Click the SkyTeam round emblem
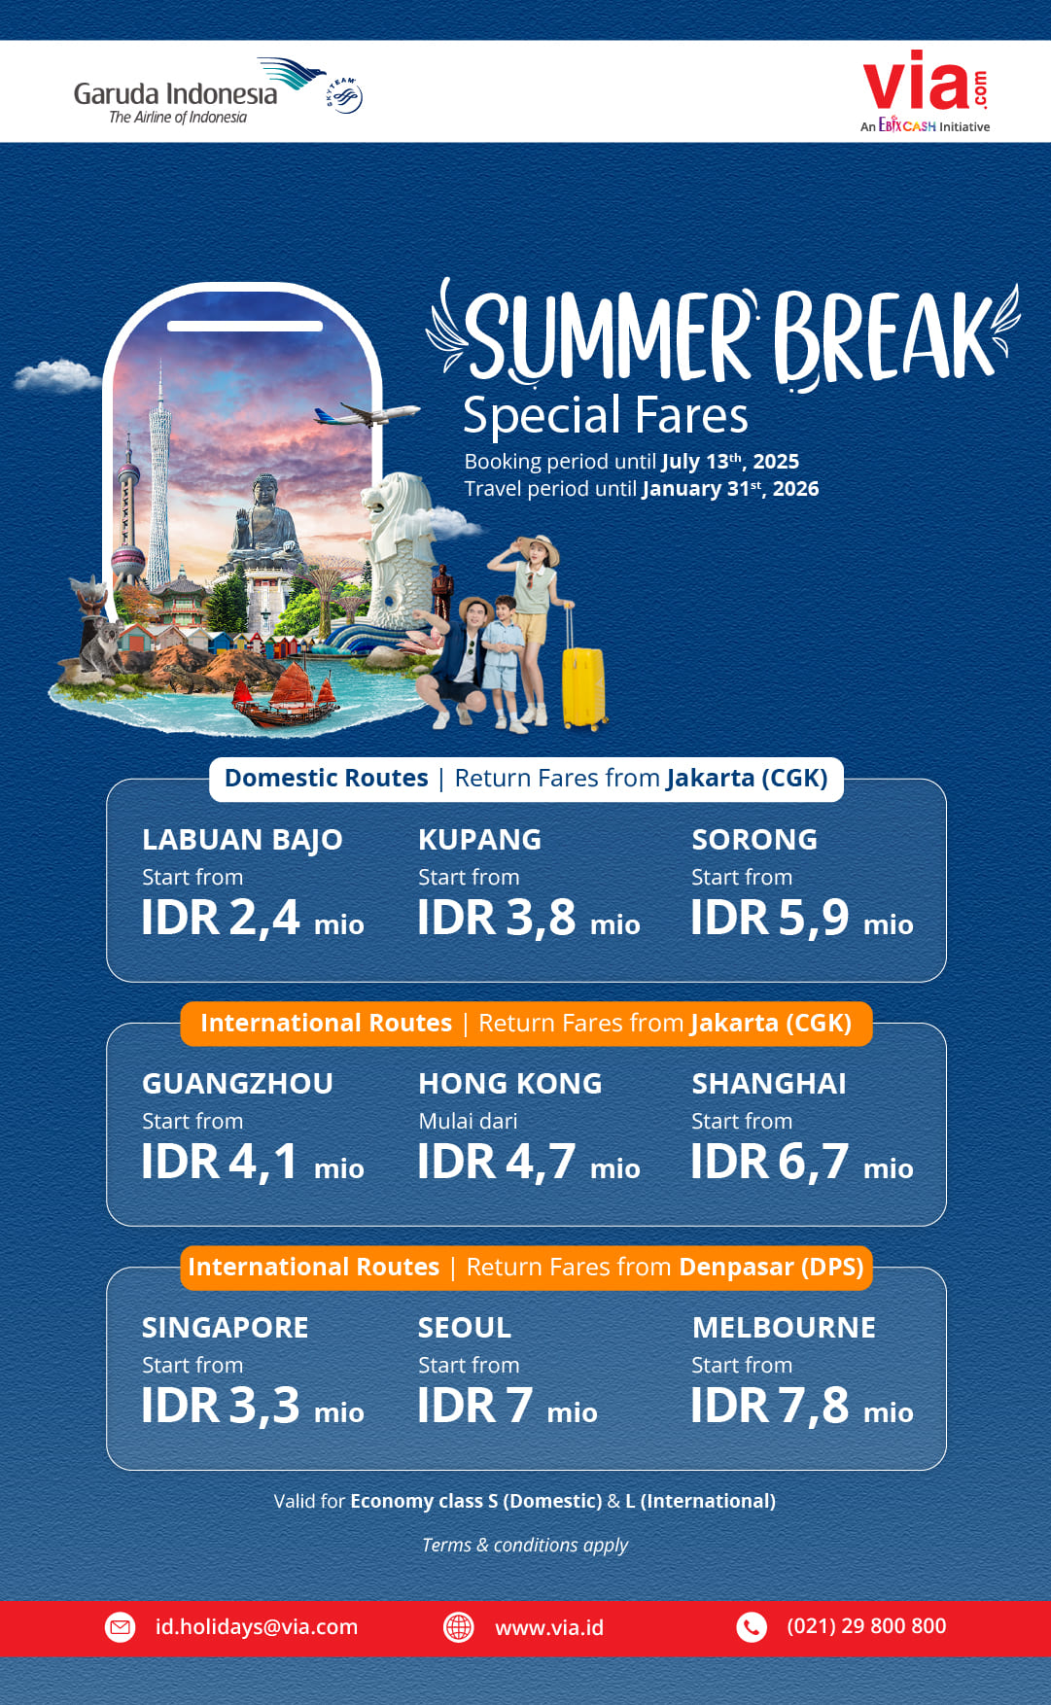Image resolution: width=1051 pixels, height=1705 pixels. click(x=344, y=96)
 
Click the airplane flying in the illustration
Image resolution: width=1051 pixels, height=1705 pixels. click(x=368, y=414)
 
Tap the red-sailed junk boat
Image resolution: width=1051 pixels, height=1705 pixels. click(x=286, y=697)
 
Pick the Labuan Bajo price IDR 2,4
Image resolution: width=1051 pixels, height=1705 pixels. click(x=221, y=917)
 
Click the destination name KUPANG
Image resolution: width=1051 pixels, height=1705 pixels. click(x=479, y=839)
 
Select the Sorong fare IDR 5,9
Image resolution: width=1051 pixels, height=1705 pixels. click(x=770, y=917)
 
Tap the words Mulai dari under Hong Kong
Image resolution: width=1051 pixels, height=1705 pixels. click(x=468, y=1121)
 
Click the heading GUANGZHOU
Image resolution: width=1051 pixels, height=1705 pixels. click(x=237, y=1083)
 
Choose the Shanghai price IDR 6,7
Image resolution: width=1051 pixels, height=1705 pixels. click(x=770, y=1161)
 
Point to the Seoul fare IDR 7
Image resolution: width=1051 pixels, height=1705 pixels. click(x=475, y=1405)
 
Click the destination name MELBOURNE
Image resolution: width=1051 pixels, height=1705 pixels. click(x=784, y=1327)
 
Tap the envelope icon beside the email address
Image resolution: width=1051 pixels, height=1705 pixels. click(x=121, y=1626)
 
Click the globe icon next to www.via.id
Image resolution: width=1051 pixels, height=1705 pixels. click(x=459, y=1626)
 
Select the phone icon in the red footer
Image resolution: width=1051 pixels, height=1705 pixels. click(x=752, y=1626)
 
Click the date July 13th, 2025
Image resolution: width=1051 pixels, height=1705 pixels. click(x=730, y=461)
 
